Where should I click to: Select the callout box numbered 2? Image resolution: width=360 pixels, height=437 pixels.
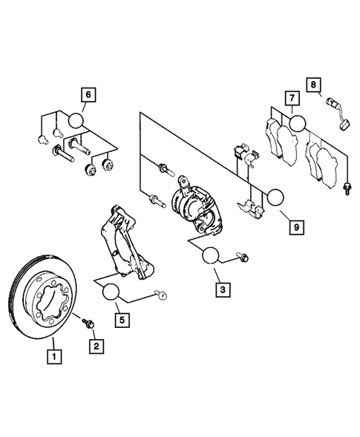tap(95, 345)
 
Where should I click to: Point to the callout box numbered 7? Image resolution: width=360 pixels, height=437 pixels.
tap(293, 99)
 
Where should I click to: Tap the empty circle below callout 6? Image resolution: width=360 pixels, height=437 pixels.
tap(78, 119)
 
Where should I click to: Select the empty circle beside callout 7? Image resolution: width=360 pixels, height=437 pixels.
tap(297, 122)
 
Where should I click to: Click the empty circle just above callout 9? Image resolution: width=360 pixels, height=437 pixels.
tap(275, 197)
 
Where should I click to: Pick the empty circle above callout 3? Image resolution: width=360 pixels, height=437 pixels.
tap(210, 256)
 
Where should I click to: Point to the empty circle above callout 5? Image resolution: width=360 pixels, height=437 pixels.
tap(111, 292)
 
